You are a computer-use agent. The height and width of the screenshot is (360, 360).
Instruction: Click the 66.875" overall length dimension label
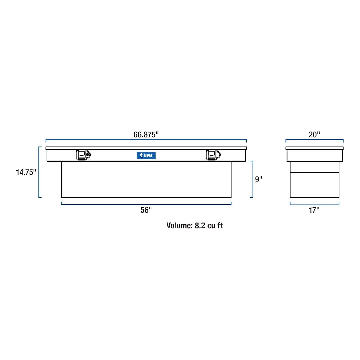[x=146, y=135]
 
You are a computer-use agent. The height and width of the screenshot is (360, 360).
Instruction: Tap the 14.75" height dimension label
[x=26, y=172]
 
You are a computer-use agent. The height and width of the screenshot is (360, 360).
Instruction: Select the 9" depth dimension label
[x=259, y=179]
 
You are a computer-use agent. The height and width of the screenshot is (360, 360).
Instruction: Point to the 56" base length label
[x=146, y=210]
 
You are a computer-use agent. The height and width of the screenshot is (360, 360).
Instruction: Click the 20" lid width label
[x=314, y=135]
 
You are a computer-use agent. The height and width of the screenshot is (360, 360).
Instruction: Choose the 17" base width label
[x=314, y=210]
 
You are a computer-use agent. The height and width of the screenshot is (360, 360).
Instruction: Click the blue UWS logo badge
[x=146, y=155]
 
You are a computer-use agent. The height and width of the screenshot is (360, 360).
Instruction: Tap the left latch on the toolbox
[x=83, y=155]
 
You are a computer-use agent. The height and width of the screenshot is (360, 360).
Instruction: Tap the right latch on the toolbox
[x=213, y=155]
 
